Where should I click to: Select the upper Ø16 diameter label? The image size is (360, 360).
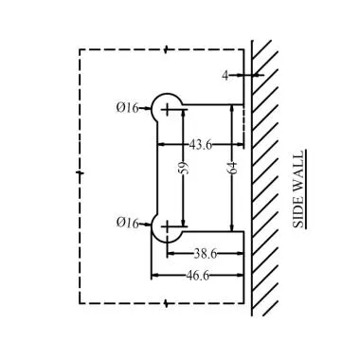pos(128,109)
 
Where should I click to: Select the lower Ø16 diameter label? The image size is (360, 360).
pos(128,224)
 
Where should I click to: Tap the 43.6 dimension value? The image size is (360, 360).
pos(201,145)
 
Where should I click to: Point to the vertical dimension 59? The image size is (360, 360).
pos(184,168)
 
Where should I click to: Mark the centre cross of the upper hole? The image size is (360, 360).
pos(169,109)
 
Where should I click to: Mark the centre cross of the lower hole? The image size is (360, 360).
pos(169,227)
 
